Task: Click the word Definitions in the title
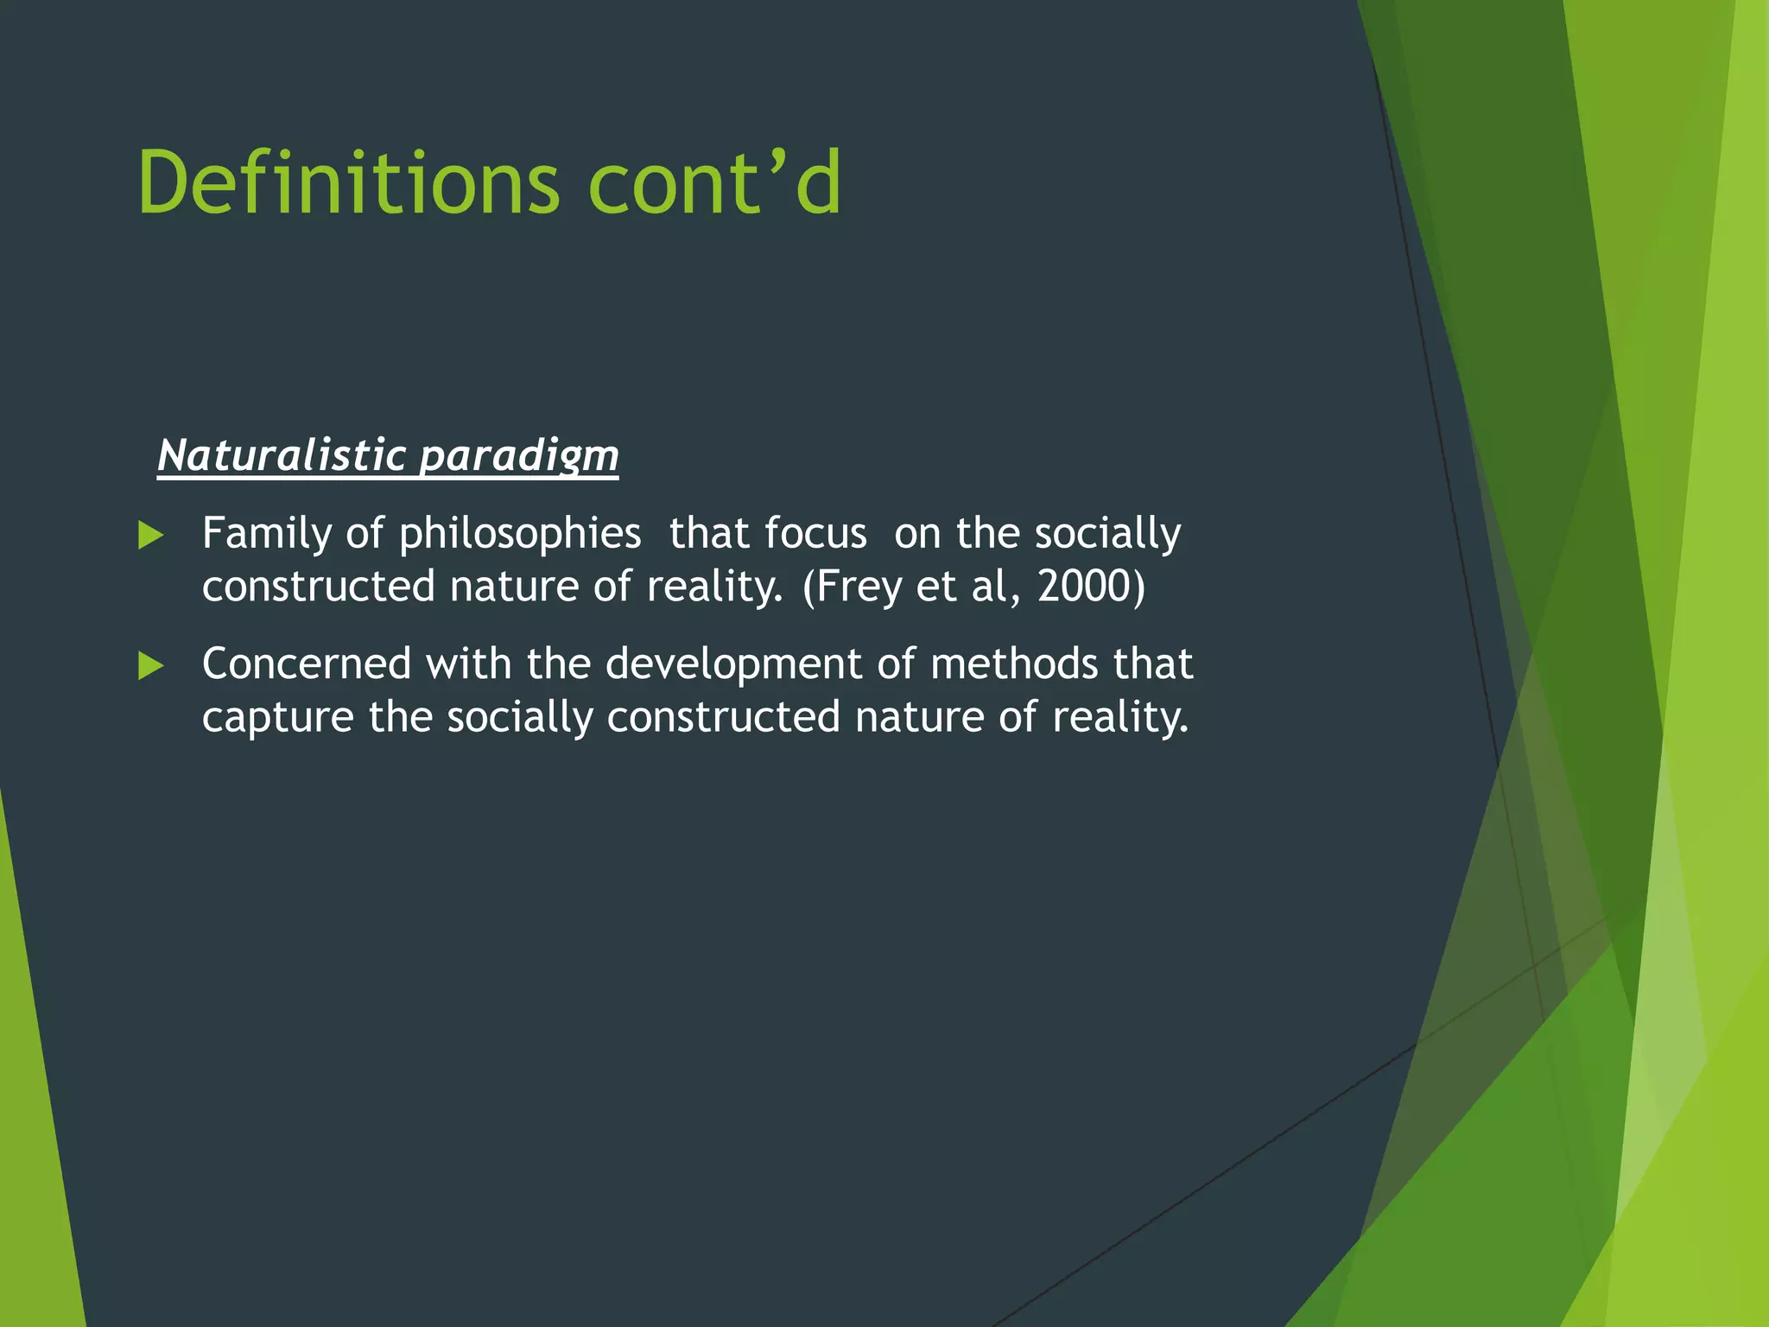(349, 183)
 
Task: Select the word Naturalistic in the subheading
(282, 455)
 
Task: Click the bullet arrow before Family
(151, 536)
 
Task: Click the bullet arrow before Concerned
(151, 666)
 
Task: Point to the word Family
(266, 534)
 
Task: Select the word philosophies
(520, 534)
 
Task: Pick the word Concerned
(306, 664)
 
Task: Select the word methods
(1014, 664)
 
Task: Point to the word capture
(277, 718)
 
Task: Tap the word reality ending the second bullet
(1119, 718)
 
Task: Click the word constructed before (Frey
(318, 587)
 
